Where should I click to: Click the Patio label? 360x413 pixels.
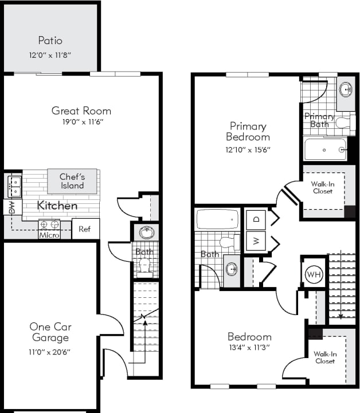50,41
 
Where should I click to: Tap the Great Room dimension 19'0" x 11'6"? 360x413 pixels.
81,122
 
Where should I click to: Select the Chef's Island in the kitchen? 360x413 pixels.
72,180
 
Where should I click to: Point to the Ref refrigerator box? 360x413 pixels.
85,229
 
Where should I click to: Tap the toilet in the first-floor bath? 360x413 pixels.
144,266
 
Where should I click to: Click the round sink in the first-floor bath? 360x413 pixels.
145,233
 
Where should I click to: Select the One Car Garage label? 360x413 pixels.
50,332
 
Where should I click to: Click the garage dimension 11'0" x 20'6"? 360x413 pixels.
50,352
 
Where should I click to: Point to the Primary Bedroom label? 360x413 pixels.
248,131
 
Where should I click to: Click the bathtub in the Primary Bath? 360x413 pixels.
325,150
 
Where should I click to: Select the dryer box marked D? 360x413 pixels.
256,219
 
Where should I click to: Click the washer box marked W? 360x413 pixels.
256,241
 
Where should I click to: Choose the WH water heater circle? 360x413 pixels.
314,275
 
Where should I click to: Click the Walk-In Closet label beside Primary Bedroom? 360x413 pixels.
323,187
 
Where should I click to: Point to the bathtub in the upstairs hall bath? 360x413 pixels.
217,219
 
